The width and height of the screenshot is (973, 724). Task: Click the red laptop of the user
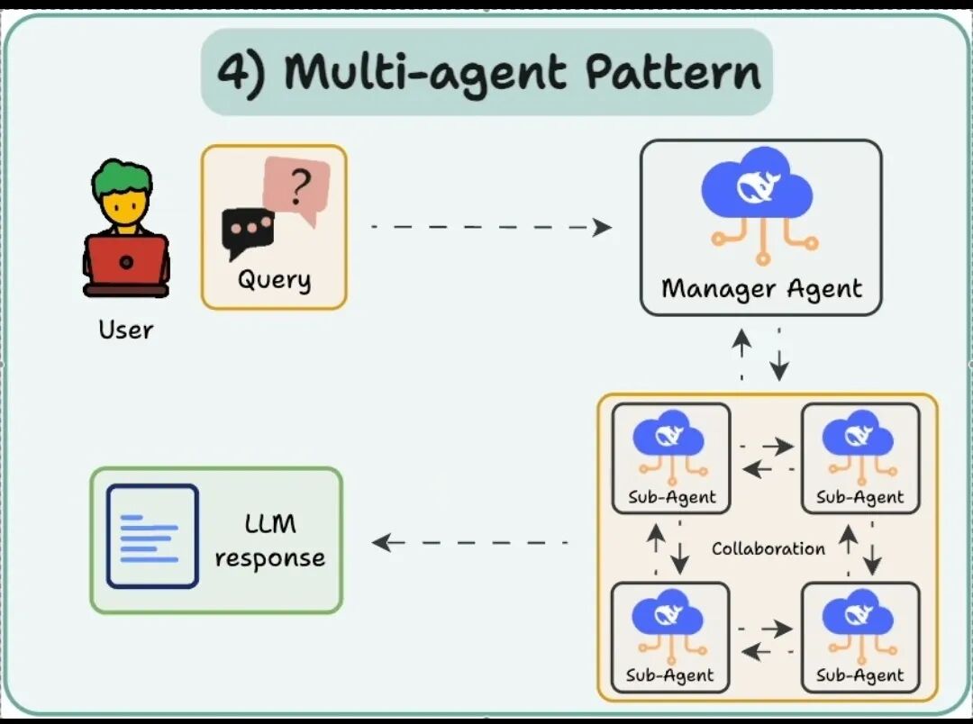(126, 263)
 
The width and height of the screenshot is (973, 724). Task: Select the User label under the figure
(126, 330)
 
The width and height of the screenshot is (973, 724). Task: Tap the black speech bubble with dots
(247, 229)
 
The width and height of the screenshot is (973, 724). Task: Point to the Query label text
(274, 279)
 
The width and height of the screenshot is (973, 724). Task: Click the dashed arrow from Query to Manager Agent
(491, 227)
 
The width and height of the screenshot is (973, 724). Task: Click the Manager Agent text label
(761, 289)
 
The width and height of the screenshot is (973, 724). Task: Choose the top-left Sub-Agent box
(671, 457)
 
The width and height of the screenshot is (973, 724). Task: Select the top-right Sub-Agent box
(860, 457)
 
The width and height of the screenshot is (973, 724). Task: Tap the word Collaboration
(768, 548)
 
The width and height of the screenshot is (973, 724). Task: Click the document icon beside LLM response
(152, 537)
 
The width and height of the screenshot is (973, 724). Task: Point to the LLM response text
(270, 540)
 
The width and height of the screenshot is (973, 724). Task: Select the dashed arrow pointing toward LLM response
(468, 542)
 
